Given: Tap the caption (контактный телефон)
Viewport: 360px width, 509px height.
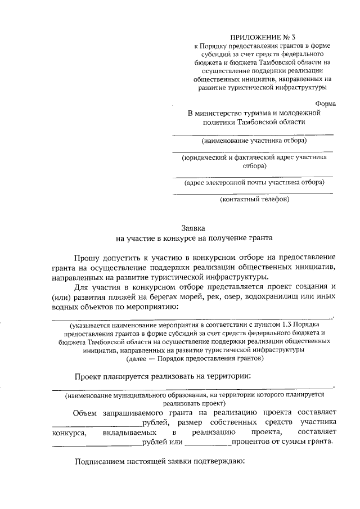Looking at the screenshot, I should click(x=254, y=200).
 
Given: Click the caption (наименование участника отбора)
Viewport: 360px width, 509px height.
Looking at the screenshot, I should click(x=254, y=140).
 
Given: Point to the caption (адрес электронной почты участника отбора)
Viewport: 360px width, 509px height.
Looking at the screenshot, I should click(x=254, y=182).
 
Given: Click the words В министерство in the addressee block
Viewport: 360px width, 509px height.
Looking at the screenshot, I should click(x=215, y=112).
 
